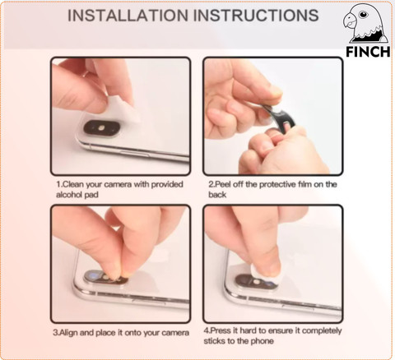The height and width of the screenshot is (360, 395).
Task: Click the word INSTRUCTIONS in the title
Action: tap(256, 16)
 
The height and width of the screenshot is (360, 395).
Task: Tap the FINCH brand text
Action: tap(368, 52)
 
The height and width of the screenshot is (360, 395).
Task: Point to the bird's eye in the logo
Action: tap(363, 14)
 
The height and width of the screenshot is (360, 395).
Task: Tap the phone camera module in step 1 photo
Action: tap(101, 128)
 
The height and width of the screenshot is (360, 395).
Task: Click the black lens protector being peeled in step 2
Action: tap(281, 118)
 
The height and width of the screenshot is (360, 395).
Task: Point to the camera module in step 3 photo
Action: tap(105, 277)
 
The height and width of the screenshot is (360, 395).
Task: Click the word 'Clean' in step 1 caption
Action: tap(73, 184)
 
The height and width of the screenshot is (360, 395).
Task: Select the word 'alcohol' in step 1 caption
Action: tap(68, 195)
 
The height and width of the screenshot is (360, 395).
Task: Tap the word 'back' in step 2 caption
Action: tap(217, 195)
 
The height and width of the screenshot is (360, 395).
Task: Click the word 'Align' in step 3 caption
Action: tap(68, 333)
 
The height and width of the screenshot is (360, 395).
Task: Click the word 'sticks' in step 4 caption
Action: tap(213, 341)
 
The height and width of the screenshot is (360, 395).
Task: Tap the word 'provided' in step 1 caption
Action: tap(167, 185)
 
